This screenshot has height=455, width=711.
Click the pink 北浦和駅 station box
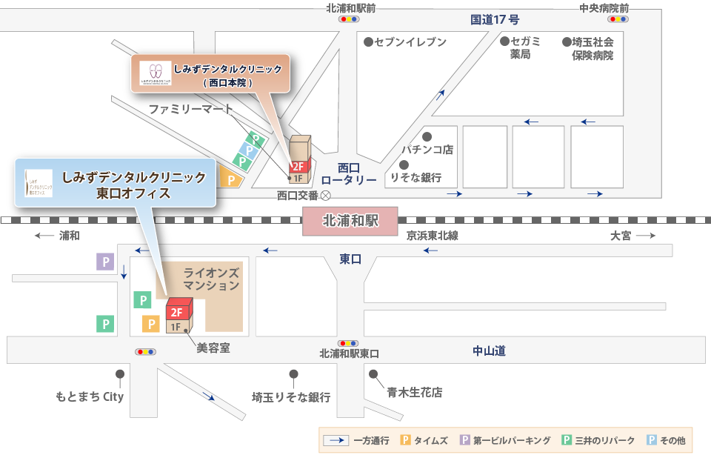pos(350,221)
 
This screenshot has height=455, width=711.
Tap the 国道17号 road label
pos(495,19)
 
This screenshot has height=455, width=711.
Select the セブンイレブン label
pos(411,42)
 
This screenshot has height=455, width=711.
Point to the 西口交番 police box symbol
pos(324,196)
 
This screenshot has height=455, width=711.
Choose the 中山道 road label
pos(489,351)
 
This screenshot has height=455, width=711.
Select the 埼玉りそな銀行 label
pos(291,397)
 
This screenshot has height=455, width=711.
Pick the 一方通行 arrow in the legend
pos(337,440)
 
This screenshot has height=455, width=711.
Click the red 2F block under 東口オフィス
pos(178,312)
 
